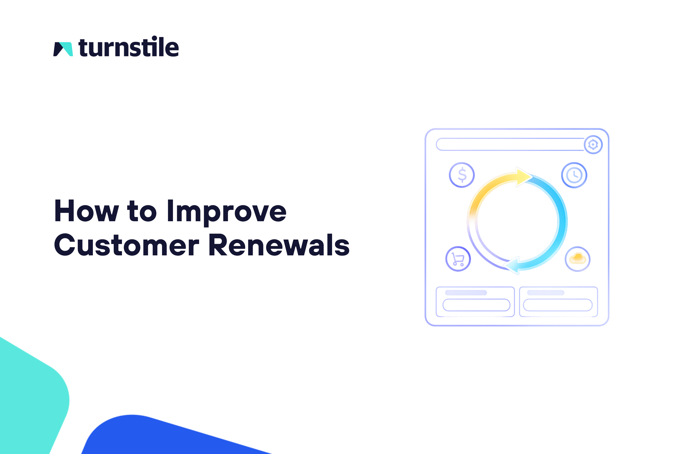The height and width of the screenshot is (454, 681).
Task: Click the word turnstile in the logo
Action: tap(129, 47)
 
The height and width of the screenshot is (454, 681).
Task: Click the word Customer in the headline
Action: tap(127, 245)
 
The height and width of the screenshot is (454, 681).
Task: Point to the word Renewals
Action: tap(279, 245)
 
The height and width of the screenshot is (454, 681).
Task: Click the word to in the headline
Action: tap(142, 211)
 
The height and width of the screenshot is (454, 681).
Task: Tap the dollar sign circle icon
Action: tap(462, 175)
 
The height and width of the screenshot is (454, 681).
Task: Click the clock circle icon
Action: tap(574, 175)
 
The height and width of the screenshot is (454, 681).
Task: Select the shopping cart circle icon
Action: tap(458, 259)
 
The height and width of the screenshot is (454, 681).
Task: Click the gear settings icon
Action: tap(593, 145)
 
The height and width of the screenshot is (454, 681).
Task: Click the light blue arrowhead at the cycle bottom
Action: tap(512, 265)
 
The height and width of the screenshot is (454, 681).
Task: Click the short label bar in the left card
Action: tap(466, 293)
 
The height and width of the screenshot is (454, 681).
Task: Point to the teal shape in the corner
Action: tap(29, 399)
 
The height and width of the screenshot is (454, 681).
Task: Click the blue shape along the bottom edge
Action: tap(162, 437)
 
